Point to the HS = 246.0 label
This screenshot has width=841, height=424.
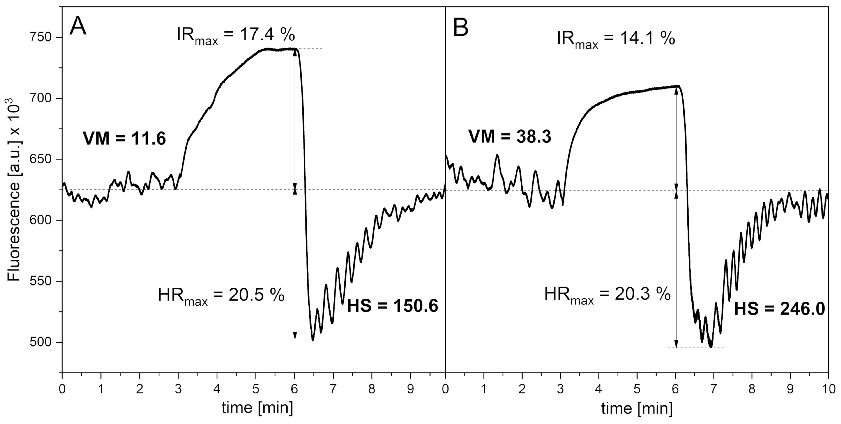(779, 309)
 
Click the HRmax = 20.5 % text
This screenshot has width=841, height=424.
(221, 295)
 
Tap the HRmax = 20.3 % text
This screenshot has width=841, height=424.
(607, 295)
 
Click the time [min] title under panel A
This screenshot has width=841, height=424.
(257, 408)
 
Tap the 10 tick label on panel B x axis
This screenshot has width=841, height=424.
(828, 389)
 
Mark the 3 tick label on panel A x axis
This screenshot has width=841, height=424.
(178, 389)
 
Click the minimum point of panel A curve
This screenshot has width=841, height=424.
(313, 340)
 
